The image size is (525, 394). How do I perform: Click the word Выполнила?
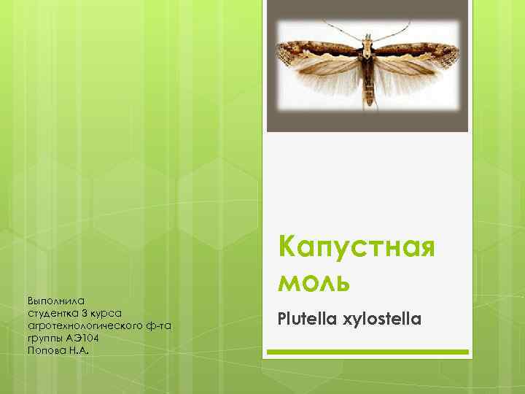56,300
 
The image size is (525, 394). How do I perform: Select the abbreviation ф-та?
157,325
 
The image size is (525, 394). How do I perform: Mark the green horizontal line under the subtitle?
367,352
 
